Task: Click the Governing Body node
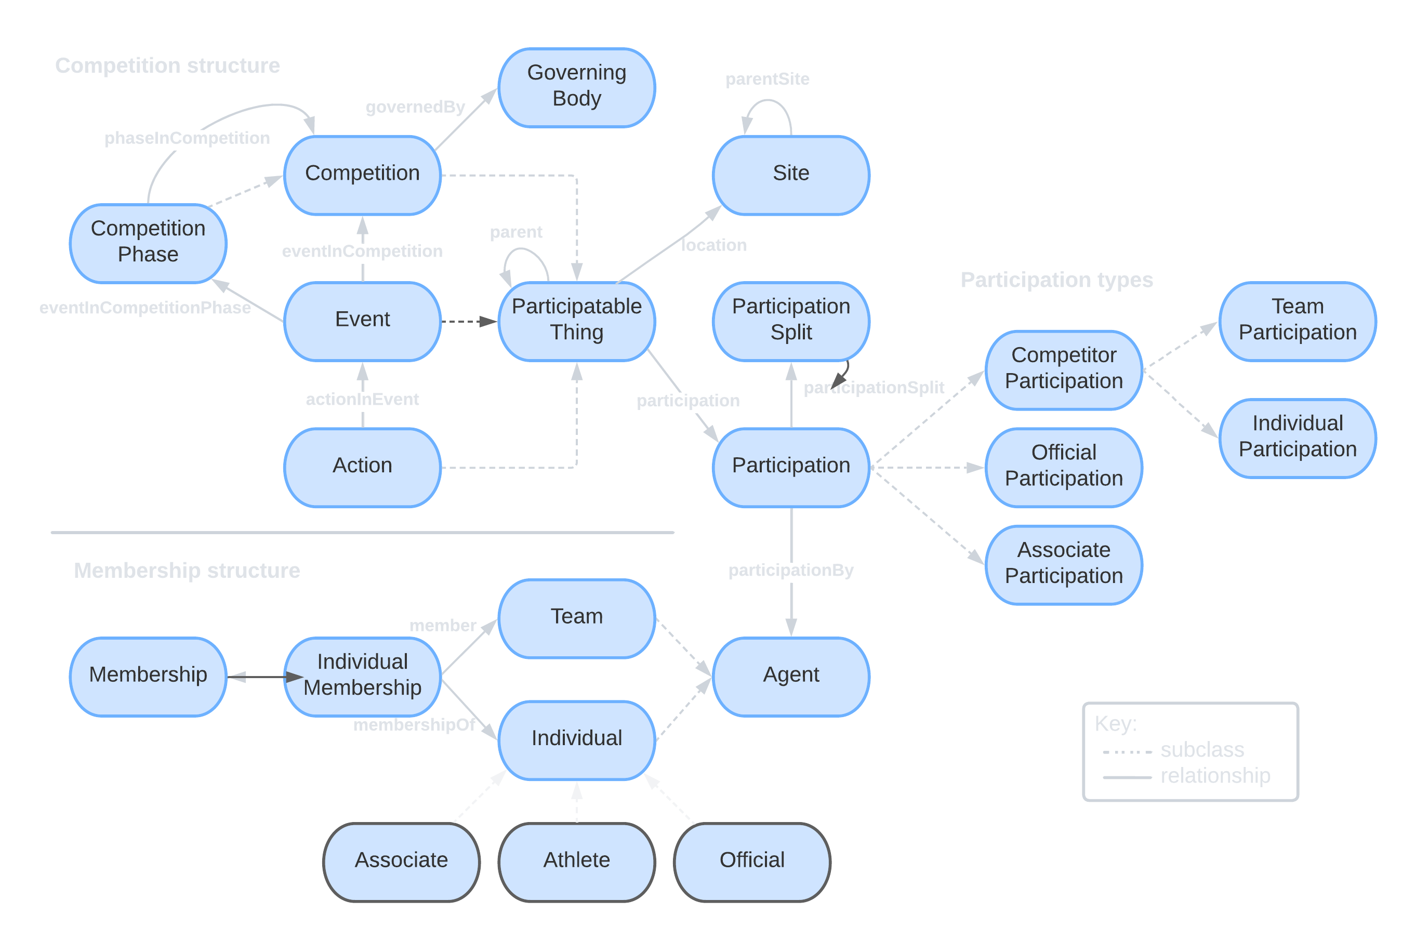[x=577, y=87]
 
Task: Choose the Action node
[x=362, y=467]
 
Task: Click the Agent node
[x=791, y=676]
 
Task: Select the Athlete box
[x=577, y=862]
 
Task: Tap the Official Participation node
[x=1064, y=467]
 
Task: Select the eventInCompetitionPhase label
[x=145, y=308]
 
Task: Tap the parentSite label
[x=768, y=79]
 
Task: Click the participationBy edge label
[x=791, y=570]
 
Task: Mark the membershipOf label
[x=414, y=725]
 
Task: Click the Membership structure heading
[x=187, y=571]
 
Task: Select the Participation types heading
[x=1056, y=280]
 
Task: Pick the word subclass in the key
[x=1202, y=750]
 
